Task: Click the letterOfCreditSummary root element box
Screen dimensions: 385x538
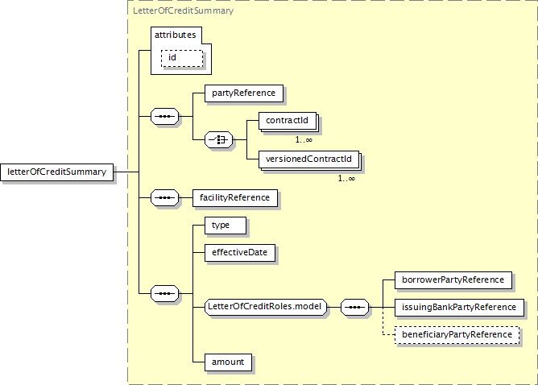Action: [x=59, y=172]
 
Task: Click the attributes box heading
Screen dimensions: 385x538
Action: [x=175, y=35]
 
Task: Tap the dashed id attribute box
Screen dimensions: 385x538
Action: [x=181, y=58]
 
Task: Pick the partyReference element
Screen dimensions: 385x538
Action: [x=243, y=93]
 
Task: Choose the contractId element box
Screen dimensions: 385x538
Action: [x=287, y=122]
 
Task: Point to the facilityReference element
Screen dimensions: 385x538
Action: [x=239, y=197]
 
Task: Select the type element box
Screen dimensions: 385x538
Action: [x=220, y=225]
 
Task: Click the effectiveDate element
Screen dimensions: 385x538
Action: [x=239, y=252]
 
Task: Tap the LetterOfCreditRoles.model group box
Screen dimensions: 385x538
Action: [x=265, y=306]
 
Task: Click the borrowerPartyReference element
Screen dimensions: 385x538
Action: [x=453, y=279]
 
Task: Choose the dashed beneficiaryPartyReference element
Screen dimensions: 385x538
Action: [x=457, y=334]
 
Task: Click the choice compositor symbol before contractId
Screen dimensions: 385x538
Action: [x=219, y=140]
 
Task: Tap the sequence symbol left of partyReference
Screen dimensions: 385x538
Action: [x=165, y=117]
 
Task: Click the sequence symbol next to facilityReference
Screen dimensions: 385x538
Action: [x=165, y=197]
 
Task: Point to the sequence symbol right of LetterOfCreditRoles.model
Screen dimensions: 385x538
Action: [x=355, y=307]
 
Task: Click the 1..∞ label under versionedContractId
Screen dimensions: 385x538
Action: [x=346, y=178]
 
